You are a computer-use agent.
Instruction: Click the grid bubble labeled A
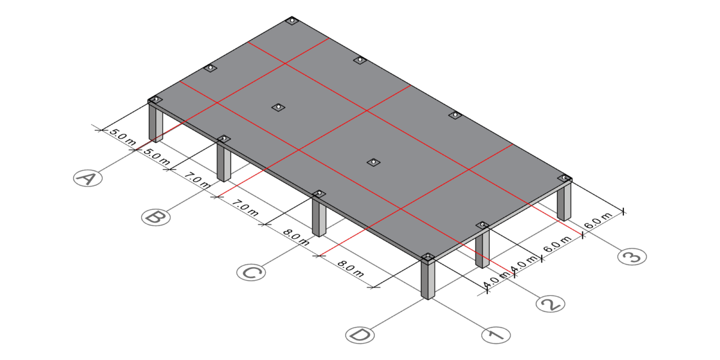pos(88,178)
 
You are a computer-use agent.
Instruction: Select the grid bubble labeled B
pos(155,217)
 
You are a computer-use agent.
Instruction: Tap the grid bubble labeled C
pos(251,272)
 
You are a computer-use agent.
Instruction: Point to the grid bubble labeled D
pos(360,335)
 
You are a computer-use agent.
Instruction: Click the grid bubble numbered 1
pos(496,335)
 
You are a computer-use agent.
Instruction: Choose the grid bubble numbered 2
pos(550,304)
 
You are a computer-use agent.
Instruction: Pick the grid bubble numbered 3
pos(632,257)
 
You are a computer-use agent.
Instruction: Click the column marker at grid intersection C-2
pos(373,163)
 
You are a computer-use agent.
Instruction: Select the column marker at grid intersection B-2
pos(278,107)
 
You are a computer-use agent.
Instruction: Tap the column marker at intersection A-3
pos(292,21)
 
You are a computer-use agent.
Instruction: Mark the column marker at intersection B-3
pos(359,60)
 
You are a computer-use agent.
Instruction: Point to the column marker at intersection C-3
pos(455,115)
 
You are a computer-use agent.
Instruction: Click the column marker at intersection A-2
pos(210,68)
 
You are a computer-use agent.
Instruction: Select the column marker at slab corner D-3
pos(564,178)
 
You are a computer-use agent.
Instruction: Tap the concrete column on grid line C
pos(319,217)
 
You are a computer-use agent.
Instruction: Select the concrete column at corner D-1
pos(428,280)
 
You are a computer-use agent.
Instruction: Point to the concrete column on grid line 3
pos(564,201)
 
